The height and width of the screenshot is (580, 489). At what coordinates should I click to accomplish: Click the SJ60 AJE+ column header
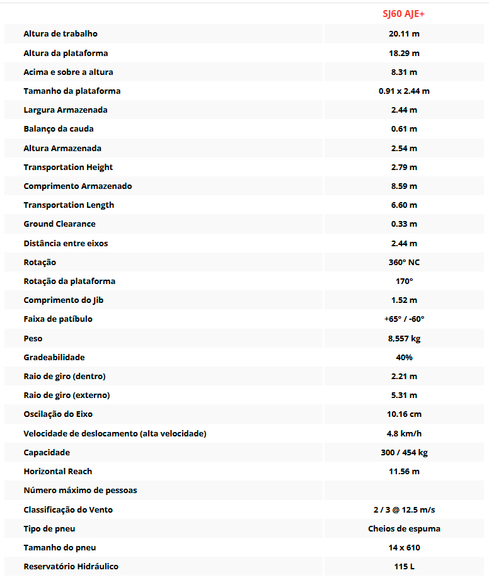point(404,14)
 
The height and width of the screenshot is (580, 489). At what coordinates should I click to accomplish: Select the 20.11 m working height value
point(404,34)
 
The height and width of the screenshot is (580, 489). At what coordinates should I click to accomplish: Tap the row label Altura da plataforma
point(66,53)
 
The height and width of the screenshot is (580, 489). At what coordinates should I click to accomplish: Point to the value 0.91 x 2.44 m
point(404,91)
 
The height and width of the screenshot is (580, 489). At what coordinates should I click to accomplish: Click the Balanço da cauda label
point(59,129)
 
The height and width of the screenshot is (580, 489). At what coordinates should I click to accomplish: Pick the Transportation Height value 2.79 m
point(404,168)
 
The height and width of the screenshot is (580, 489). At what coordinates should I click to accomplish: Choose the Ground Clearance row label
point(59,224)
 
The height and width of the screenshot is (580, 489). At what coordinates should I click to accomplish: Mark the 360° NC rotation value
point(404,262)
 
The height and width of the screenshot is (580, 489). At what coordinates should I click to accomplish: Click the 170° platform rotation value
point(404,281)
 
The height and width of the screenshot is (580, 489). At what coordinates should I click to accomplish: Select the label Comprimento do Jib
point(64,300)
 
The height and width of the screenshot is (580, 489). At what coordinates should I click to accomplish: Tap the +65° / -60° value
point(404,319)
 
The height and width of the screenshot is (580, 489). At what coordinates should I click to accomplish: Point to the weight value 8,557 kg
point(404,339)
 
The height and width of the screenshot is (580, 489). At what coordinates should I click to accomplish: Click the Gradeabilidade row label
point(54,358)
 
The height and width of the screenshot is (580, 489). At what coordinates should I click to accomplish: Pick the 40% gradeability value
point(404,358)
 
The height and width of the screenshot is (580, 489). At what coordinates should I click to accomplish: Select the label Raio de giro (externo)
point(67,395)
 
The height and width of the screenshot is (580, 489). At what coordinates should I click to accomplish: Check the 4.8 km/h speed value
point(404,434)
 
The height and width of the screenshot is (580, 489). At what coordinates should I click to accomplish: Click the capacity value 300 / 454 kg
point(404,453)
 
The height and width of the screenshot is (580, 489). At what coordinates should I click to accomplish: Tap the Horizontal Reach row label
point(58,472)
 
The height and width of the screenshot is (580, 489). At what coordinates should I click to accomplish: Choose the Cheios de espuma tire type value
point(404,529)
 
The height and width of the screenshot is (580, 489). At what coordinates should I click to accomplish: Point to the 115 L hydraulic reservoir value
point(404,567)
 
